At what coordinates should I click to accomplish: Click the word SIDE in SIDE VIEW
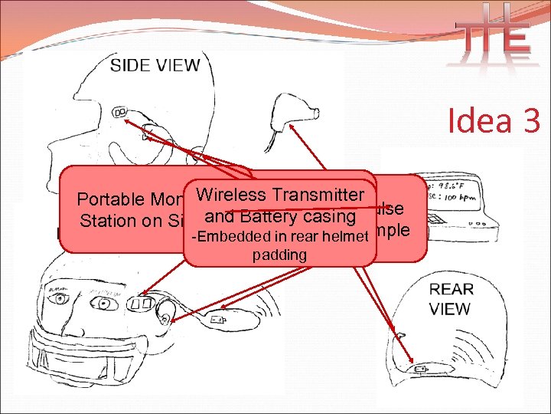pyautogui.click(x=131, y=64)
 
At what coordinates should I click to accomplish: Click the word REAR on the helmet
pyautogui.click(x=452, y=290)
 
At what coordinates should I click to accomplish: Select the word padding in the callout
pyautogui.click(x=279, y=255)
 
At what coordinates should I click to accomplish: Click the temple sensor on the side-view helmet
pyautogui.click(x=120, y=113)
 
